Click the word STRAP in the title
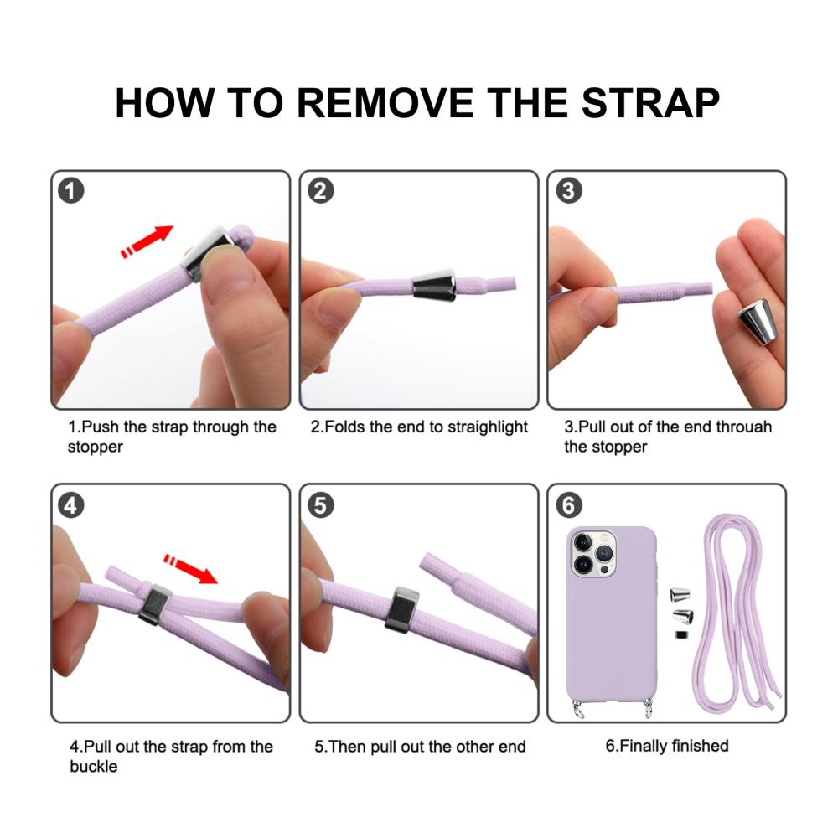click(x=650, y=102)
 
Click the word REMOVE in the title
click(x=385, y=102)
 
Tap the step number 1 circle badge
click(x=71, y=191)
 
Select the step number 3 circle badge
click(x=569, y=191)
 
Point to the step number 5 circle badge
click(x=321, y=505)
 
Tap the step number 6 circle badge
click(x=569, y=505)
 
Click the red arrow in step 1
click(x=147, y=241)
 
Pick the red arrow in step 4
click(x=191, y=569)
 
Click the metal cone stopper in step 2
click(x=434, y=286)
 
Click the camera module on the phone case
click(x=593, y=554)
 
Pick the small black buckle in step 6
click(x=680, y=635)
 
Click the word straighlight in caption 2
click(x=488, y=427)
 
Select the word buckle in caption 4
click(x=94, y=767)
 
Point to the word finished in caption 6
click(x=700, y=746)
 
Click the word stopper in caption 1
click(x=96, y=447)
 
